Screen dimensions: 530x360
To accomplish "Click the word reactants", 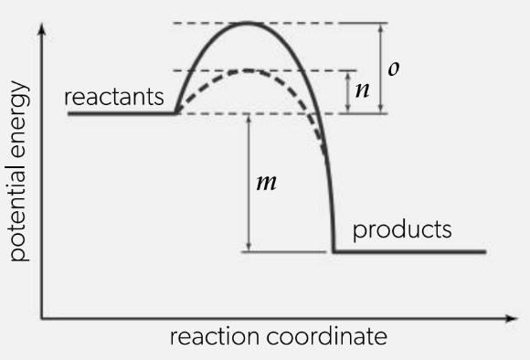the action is [114, 97].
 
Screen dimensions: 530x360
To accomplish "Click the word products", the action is [402, 230].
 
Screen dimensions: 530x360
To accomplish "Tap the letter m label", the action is [266, 183].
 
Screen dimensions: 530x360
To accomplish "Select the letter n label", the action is [363, 90].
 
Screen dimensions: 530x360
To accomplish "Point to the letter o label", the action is [394, 69].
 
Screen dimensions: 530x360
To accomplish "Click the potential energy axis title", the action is [19, 171].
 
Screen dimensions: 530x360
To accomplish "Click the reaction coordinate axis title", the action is [279, 336].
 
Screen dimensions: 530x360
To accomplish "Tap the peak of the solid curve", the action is [247, 23].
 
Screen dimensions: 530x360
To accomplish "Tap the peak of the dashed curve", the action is [249, 70].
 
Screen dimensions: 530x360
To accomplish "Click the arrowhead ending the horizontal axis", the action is [512, 318].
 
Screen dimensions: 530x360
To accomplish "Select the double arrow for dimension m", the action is [249, 183].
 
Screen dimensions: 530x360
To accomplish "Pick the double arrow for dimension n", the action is [348, 92].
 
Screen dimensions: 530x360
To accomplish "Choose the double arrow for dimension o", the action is [381, 68].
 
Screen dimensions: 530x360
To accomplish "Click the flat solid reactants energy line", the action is [122, 113].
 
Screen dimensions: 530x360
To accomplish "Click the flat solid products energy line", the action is [409, 251].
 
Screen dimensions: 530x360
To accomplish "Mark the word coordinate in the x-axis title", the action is [327, 336].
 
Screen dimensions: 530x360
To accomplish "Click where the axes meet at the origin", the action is [41, 318].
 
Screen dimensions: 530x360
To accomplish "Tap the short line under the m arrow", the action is [283, 252].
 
